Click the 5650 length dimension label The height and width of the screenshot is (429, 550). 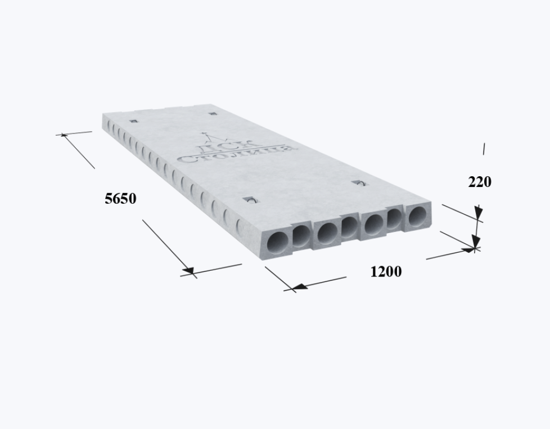pos(120,199)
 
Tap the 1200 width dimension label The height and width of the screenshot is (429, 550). pos(386,272)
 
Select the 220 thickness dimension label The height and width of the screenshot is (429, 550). pos(480,182)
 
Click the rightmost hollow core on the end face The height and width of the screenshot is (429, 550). pos(418,216)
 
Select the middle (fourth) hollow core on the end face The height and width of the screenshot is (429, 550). pos(350,227)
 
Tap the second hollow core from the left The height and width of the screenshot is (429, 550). pos(301,235)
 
